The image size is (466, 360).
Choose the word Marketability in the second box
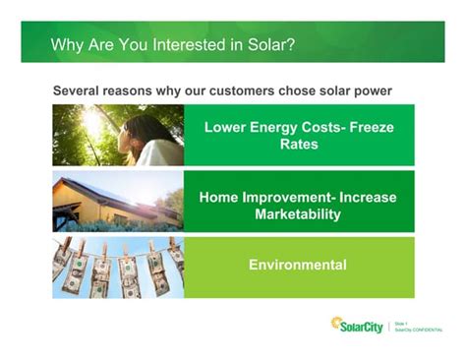298,213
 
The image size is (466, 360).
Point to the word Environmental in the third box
298,265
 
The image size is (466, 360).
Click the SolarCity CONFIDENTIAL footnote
417,330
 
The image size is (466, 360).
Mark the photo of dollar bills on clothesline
117,266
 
